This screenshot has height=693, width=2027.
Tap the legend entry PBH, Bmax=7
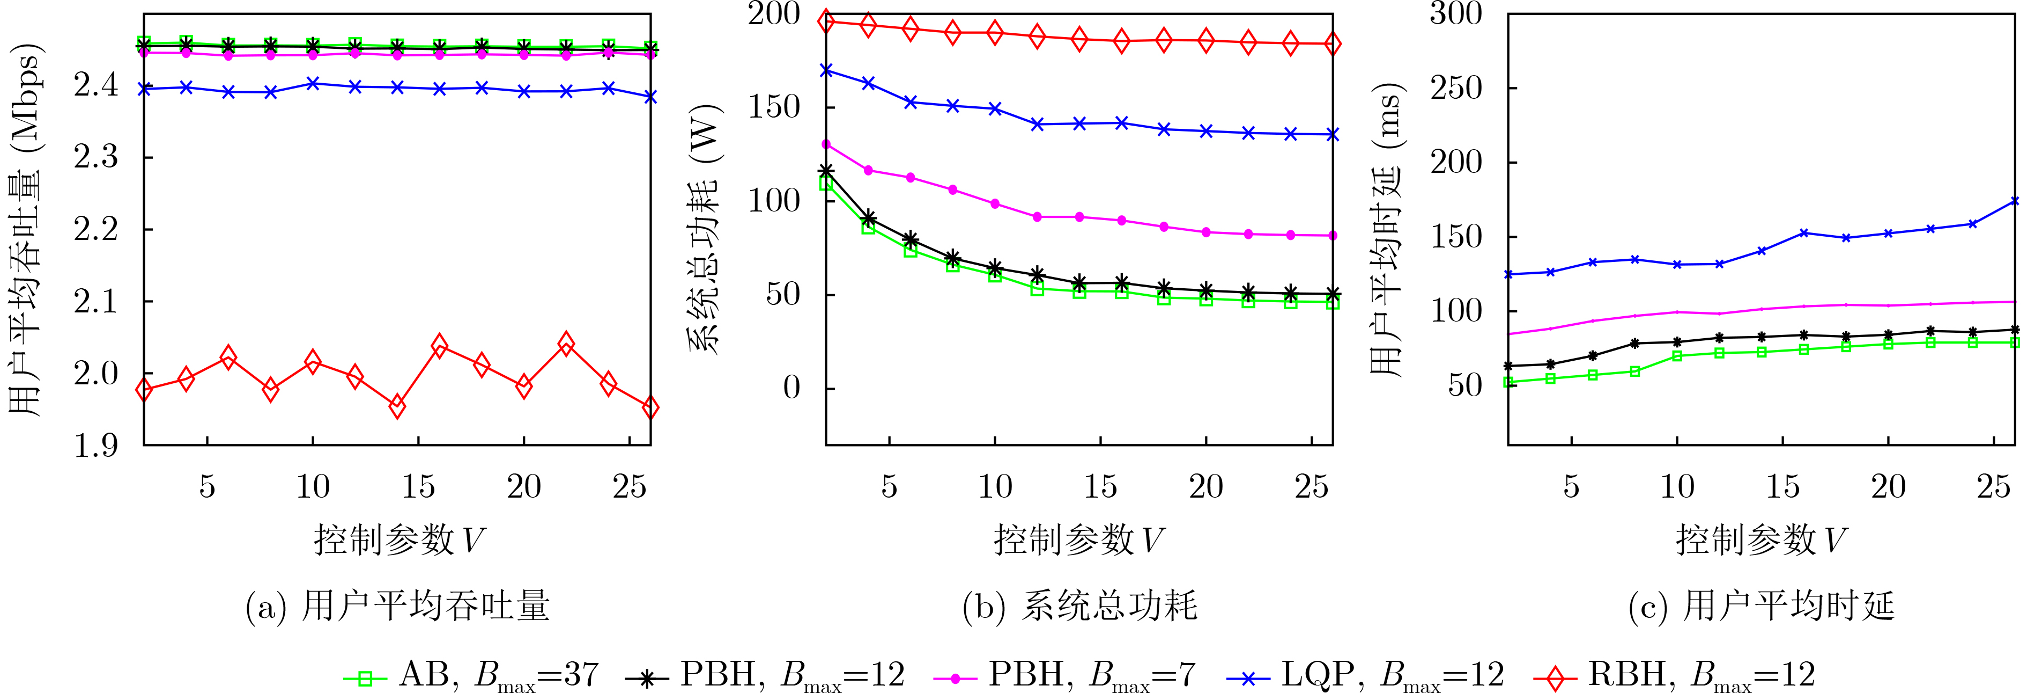[x=1064, y=674]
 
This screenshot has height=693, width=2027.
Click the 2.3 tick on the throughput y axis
[x=96, y=157]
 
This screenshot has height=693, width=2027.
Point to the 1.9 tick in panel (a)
[x=96, y=446]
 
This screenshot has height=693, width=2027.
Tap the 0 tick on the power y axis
[x=791, y=388]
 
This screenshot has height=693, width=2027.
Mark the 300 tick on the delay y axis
[x=1456, y=14]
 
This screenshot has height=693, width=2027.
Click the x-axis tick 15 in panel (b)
[x=1100, y=487]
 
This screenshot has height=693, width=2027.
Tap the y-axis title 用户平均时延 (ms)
[x=1387, y=228]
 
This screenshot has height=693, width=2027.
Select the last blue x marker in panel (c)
[x=2015, y=202]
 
